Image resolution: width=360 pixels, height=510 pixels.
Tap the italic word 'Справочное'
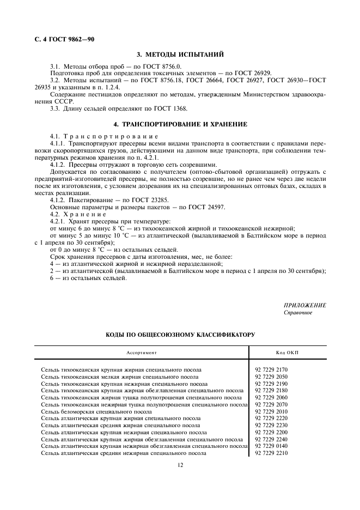298,313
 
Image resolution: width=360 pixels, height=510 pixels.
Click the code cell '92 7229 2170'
272,369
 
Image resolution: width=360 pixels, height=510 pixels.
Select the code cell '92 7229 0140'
272,446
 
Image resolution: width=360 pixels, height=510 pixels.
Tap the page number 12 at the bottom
180,465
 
